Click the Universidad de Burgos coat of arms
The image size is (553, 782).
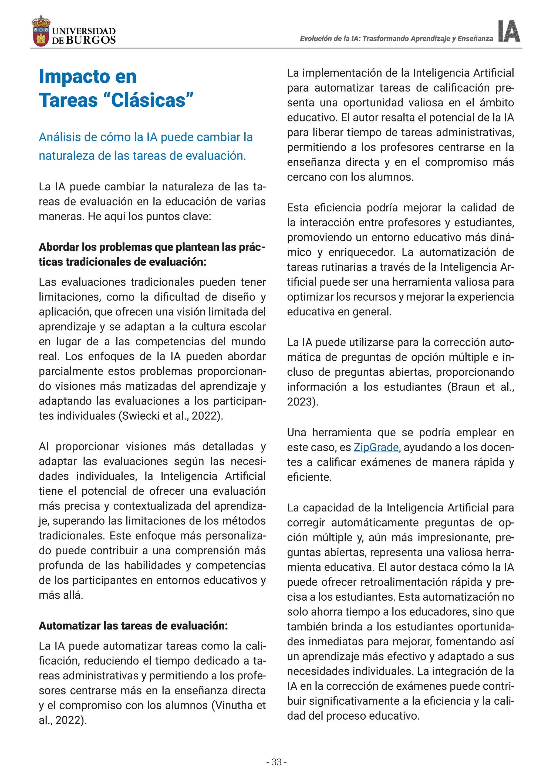41,31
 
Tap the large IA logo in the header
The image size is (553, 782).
509,31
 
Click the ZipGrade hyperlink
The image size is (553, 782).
377,447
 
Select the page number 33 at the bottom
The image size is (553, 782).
276,762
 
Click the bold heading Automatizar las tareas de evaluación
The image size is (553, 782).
133,626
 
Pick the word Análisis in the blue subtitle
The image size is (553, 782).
60,137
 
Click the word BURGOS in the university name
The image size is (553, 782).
90,40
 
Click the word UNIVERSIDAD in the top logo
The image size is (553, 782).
84,31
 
